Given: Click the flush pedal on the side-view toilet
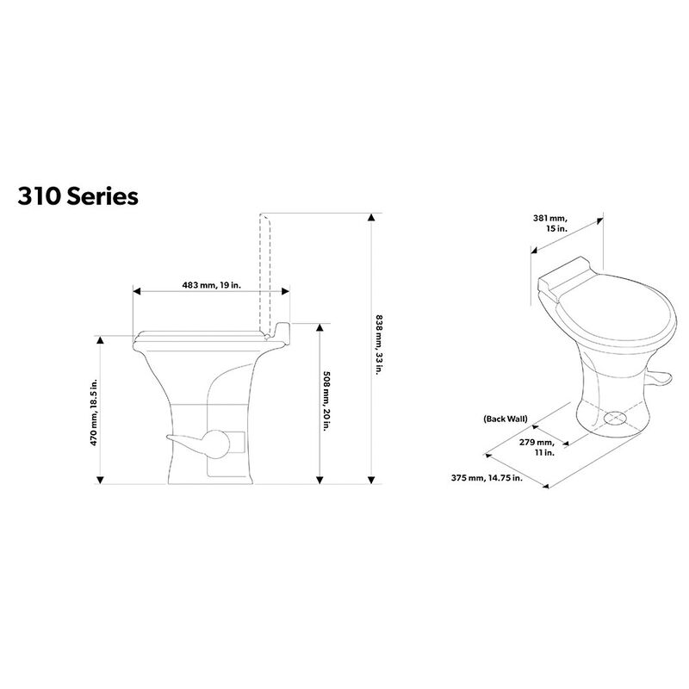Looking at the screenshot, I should click(198, 444).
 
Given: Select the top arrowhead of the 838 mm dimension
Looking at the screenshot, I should click(372, 216).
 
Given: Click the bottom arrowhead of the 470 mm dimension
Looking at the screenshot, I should click(102, 479).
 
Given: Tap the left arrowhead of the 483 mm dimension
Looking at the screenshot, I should click(135, 291).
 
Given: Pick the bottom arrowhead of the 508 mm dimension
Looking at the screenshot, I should click(320, 479).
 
